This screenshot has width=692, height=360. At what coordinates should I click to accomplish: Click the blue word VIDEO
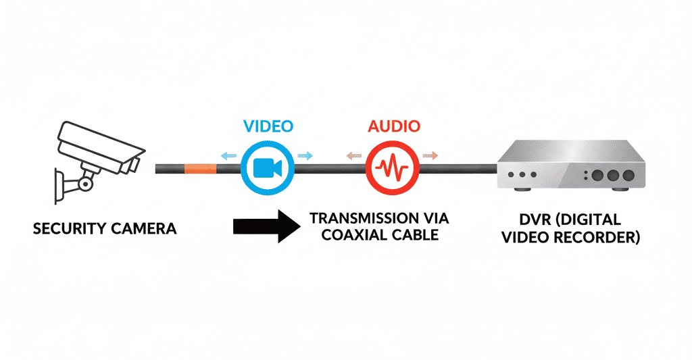pos(268,126)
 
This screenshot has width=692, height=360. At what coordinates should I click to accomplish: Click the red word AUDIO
pos(394,126)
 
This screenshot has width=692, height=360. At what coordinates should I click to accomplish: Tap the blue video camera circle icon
pos(268,168)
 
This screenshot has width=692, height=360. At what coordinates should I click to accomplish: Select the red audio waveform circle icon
pos(393,168)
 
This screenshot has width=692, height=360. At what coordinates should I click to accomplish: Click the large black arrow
pos(266,226)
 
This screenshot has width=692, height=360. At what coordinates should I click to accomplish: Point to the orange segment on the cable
pos(200,169)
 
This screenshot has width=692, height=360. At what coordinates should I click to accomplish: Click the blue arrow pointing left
pos(228,156)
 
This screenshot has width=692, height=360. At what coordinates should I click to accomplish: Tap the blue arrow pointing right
pos(305,156)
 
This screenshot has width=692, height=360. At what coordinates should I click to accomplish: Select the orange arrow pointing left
pos(354,156)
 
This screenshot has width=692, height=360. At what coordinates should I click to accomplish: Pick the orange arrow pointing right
pos(430,155)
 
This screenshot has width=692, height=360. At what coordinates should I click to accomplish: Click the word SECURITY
pos(70,228)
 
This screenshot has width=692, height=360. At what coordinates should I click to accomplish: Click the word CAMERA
pos(144,228)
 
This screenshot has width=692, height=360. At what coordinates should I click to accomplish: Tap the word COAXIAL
pos(353,234)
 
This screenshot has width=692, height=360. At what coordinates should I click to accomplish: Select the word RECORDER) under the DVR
pos(597,237)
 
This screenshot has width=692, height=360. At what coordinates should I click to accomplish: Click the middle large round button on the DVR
pos(613,175)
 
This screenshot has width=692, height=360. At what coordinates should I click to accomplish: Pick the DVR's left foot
pos(522,189)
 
